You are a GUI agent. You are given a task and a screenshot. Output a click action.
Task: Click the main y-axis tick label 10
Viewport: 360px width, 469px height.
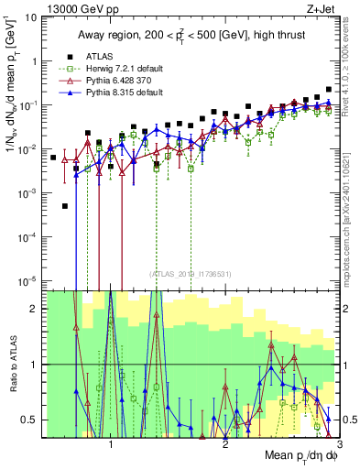tap(35, 17)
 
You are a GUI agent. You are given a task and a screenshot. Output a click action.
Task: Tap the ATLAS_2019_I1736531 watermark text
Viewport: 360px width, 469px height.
tap(190, 273)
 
